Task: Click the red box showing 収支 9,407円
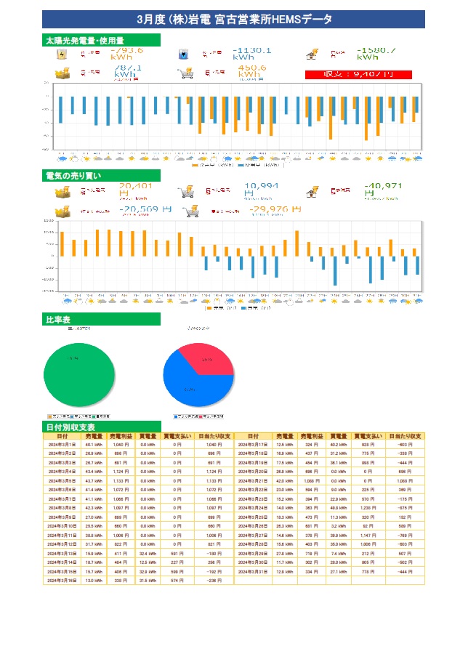(358, 74)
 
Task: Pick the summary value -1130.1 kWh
(251, 53)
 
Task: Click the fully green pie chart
(80, 371)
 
